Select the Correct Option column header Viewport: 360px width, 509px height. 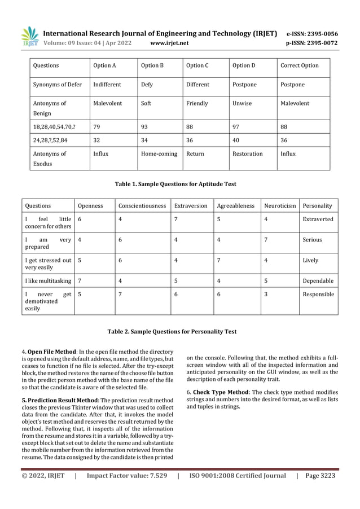click(300, 65)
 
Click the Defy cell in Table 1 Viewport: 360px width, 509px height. click(147, 85)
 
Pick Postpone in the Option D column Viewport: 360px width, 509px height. click(244, 85)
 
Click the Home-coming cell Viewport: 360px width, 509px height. click(159, 153)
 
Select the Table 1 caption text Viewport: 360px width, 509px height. click(175, 184)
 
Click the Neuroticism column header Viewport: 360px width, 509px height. click(280, 206)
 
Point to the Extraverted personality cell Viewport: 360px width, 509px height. click(318, 219)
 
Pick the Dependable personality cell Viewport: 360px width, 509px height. click(318, 280)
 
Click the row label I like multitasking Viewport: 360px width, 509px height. click(48, 280)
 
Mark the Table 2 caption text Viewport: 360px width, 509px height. click(172, 331)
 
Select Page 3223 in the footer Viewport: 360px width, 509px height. click(320, 476)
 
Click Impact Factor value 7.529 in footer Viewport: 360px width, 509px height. click(127, 476)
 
